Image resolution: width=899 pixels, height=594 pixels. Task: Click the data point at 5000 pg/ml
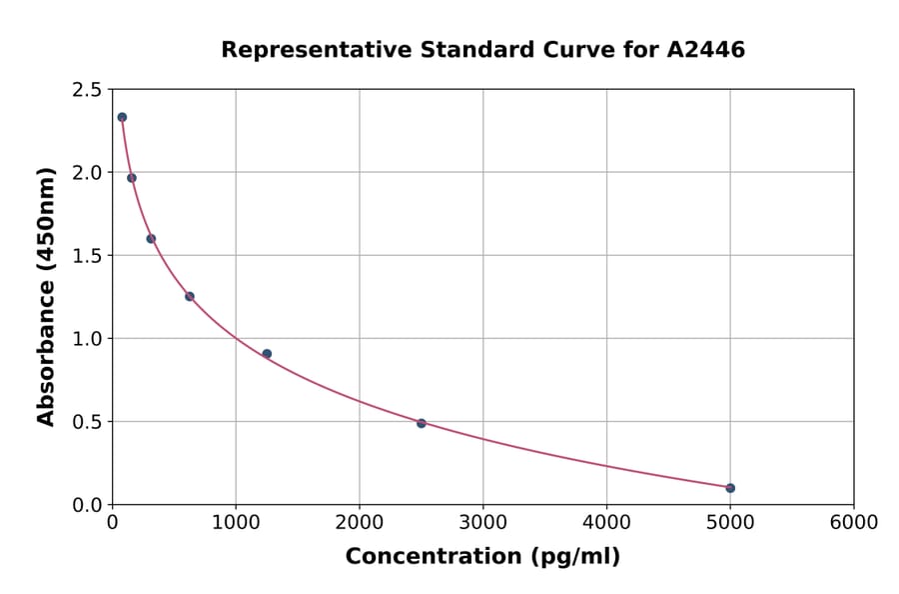click(x=730, y=488)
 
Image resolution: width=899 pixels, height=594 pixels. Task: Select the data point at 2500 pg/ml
click(x=422, y=423)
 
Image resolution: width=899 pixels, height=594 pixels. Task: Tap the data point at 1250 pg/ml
click(x=267, y=354)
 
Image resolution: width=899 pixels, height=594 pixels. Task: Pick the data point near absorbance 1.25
click(x=190, y=296)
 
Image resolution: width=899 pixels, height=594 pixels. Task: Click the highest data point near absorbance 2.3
click(x=122, y=117)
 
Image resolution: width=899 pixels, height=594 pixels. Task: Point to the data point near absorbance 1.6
click(x=151, y=238)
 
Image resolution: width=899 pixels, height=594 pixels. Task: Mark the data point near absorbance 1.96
click(x=132, y=178)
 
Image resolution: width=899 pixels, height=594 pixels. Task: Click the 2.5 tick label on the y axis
click(x=86, y=90)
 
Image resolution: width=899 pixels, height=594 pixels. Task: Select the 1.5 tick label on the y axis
click(x=86, y=256)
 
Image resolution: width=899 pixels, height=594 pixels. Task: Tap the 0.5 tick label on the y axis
click(x=86, y=422)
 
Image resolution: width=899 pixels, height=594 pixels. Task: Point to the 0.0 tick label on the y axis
click(x=86, y=505)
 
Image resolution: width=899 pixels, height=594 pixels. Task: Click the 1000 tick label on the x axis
click(x=236, y=523)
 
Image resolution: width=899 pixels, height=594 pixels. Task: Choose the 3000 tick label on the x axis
click(x=483, y=523)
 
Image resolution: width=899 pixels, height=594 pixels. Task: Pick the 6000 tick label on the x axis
click(x=854, y=523)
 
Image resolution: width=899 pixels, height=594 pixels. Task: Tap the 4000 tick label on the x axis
click(x=606, y=523)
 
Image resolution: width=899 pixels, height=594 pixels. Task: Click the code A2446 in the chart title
click(x=705, y=50)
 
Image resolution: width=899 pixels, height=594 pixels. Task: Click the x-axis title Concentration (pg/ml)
click(x=482, y=557)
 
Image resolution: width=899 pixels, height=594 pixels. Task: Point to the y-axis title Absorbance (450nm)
click(x=46, y=296)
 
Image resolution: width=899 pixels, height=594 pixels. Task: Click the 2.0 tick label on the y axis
click(x=86, y=173)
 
